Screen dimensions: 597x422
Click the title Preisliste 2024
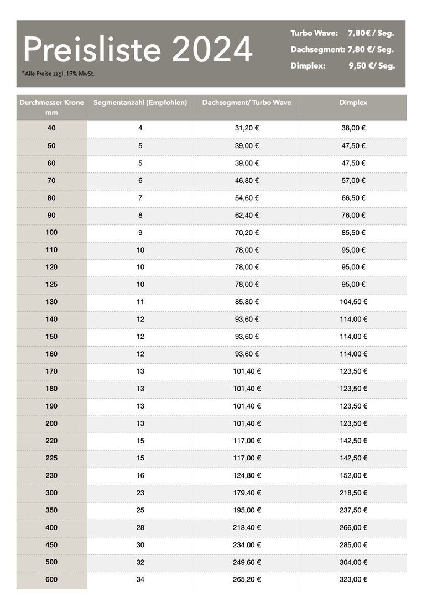click(138, 50)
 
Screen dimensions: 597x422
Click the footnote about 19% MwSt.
click(58, 73)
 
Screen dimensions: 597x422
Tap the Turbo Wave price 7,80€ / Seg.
click(371, 33)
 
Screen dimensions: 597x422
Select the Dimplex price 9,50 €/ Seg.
click(372, 66)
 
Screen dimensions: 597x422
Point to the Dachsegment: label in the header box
click(317, 50)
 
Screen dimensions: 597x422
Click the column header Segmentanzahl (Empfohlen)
click(140, 103)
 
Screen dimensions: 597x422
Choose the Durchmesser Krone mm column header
click(51, 107)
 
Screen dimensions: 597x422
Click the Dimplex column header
click(353, 103)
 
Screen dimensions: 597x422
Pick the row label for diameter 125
click(51, 284)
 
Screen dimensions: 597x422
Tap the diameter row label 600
click(51, 579)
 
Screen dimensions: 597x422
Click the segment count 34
click(140, 579)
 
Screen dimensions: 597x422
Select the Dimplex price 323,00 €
click(353, 579)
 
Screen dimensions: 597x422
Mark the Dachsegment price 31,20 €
click(247, 128)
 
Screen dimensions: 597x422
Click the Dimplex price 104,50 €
click(353, 302)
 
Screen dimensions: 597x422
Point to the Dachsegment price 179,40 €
click(247, 493)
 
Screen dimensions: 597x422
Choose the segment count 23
click(140, 493)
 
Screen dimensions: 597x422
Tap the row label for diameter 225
click(51, 458)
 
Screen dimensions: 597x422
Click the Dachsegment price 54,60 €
click(247, 198)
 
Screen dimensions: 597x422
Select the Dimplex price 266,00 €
click(353, 527)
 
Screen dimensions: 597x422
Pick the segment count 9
click(140, 233)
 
